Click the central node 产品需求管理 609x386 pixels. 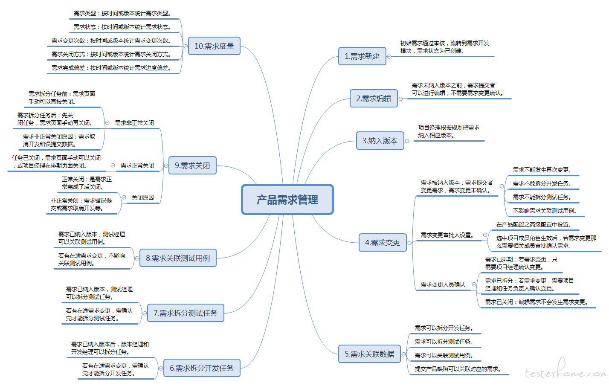287,200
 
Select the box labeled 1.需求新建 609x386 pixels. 362,56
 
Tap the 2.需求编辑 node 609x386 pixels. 374,99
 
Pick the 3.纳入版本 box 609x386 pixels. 380,140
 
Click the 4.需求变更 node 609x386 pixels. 383,242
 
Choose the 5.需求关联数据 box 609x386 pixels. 369,354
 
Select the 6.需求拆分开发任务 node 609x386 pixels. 202,368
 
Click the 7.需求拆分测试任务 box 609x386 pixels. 186,313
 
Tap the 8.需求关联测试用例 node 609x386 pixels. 178,258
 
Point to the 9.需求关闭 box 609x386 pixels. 192,165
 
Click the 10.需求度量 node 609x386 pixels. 214,46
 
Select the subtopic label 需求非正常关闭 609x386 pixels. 135,123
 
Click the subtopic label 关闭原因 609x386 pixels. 143,197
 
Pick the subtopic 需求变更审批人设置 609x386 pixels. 447,235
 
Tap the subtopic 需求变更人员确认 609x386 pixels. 443,284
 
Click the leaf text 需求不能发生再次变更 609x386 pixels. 542,170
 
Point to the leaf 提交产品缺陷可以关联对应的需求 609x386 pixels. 458,369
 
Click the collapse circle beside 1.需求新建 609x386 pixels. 389,57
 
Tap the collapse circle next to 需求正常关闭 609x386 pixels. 113,165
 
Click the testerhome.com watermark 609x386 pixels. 566,370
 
